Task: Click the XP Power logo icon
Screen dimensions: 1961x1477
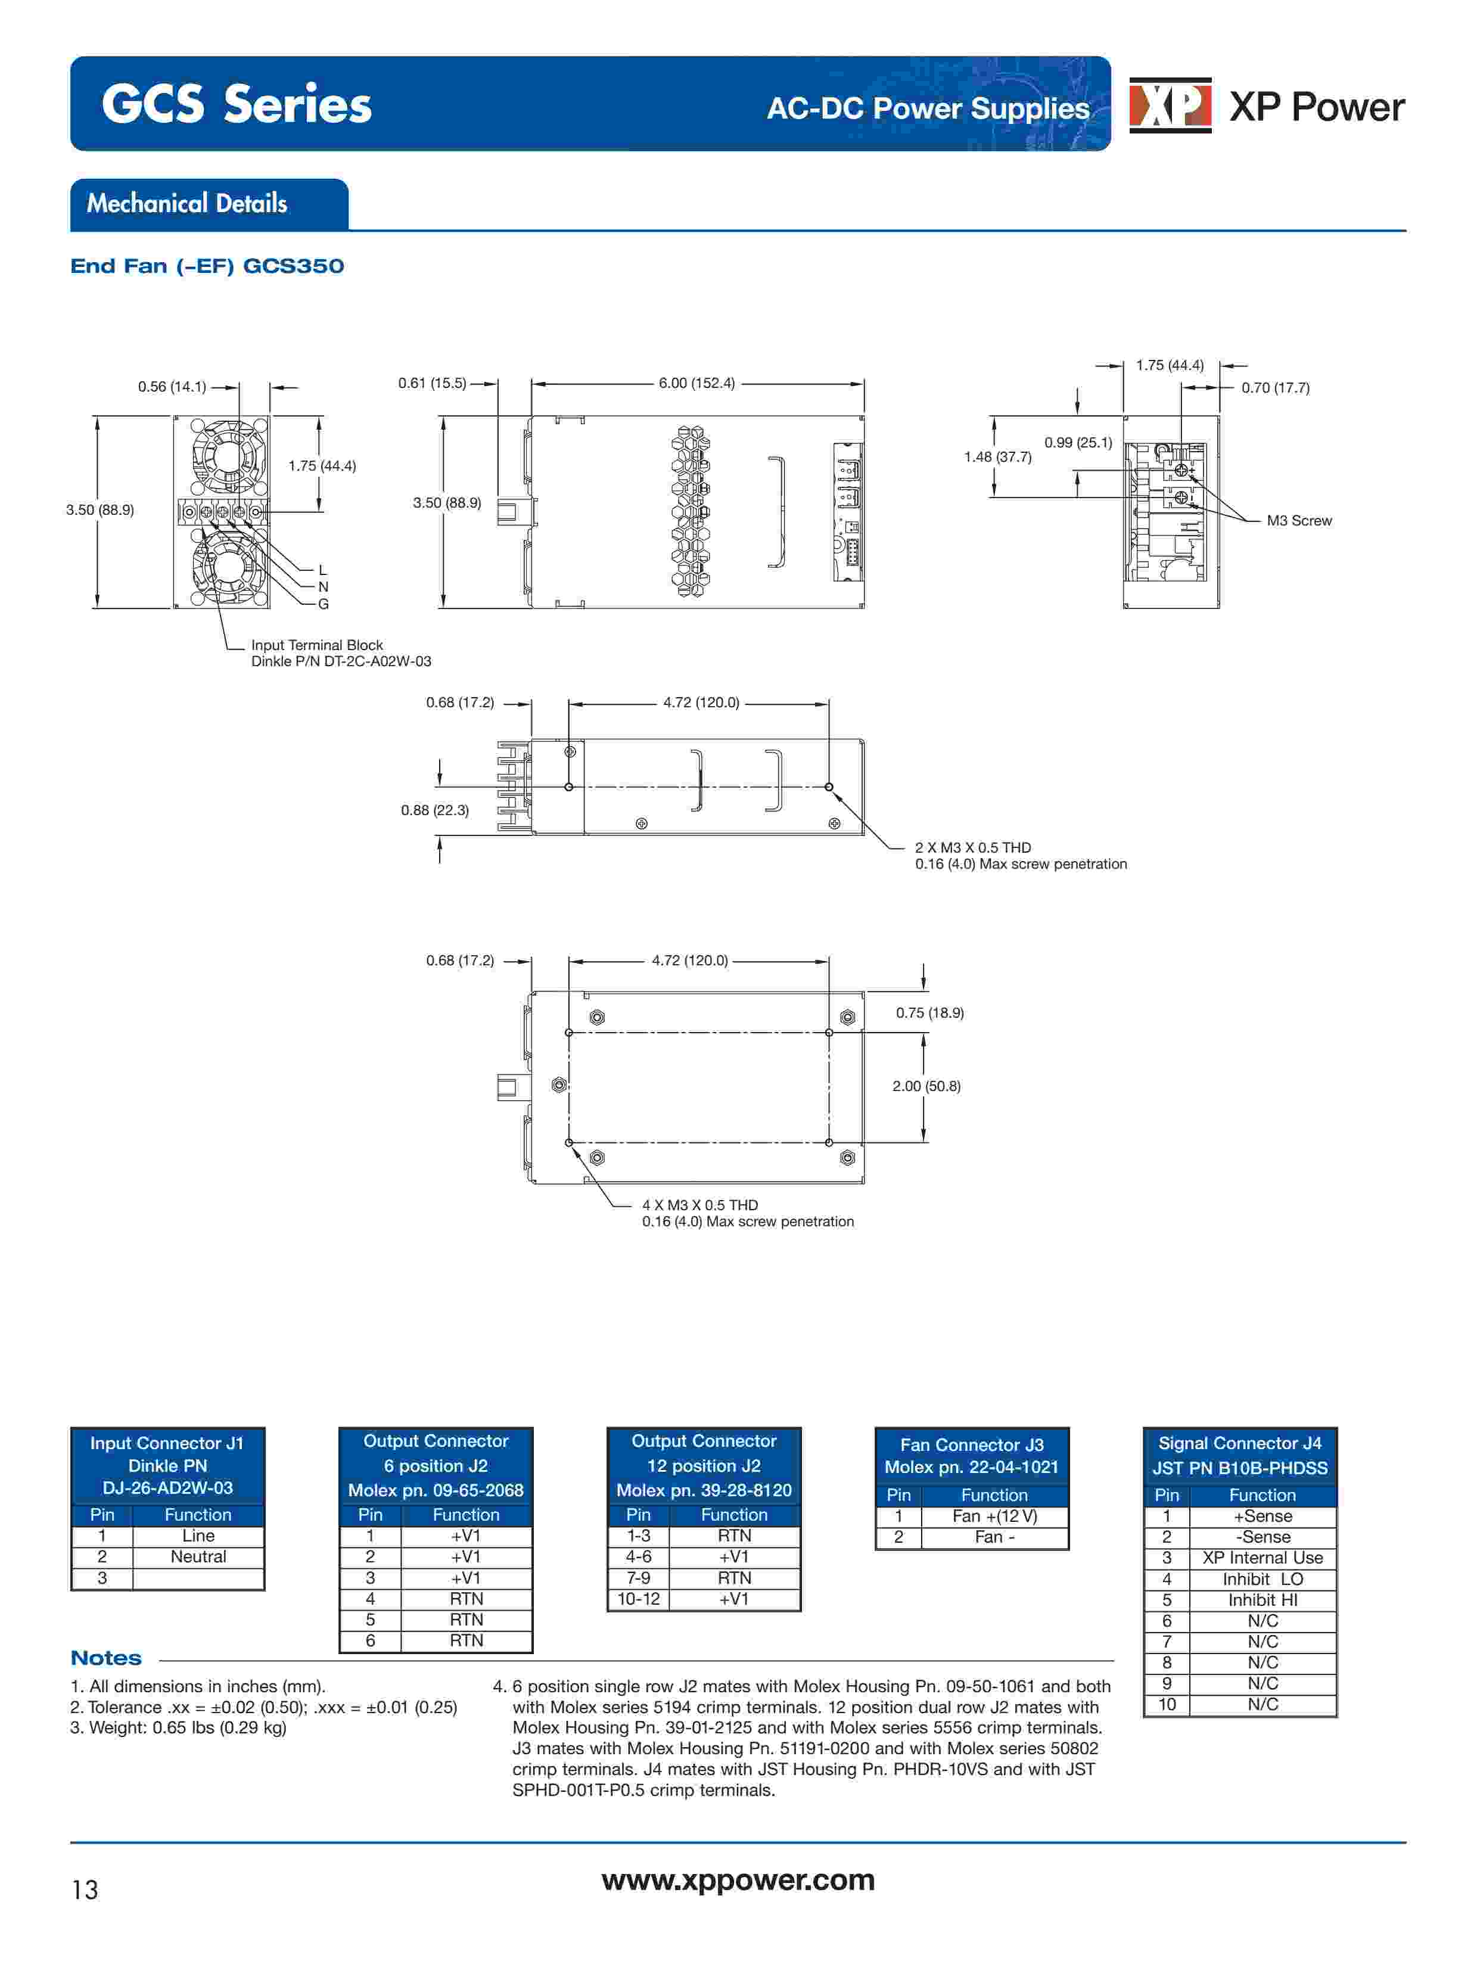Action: coord(1170,105)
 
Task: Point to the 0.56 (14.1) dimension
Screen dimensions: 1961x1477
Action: coord(171,387)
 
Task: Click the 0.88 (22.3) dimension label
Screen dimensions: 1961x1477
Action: coord(434,810)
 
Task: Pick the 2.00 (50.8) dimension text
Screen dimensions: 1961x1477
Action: coord(925,1086)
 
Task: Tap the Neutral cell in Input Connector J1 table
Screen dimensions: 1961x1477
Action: coord(198,1557)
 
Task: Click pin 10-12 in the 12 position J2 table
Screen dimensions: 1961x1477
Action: coord(638,1599)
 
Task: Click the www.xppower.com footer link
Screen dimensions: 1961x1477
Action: coord(738,1881)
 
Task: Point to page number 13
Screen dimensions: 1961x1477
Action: coord(85,1890)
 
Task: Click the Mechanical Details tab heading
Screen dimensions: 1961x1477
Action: coord(187,204)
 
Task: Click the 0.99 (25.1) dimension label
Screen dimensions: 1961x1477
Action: coord(1077,442)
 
